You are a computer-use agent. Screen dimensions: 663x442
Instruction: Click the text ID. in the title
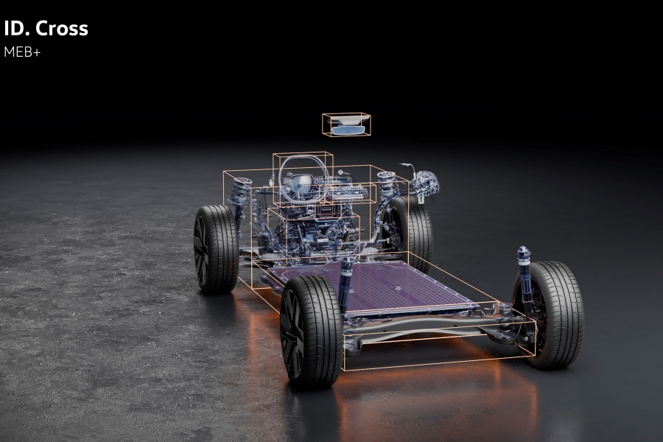(x=16, y=29)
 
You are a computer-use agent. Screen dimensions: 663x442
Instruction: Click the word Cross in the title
(x=62, y=29)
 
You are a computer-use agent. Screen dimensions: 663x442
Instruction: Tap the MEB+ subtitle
(x=22, y=52)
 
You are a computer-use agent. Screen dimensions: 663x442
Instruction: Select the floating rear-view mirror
(x=348, y=125)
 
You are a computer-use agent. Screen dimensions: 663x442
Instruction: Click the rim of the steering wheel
(x=281, y=178)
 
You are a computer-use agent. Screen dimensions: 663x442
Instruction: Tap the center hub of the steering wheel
(x=302, y=183)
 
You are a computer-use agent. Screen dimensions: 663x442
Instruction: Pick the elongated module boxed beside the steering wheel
(x=348, y=192)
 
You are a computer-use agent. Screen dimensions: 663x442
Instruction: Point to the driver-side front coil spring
(x=239, y=193)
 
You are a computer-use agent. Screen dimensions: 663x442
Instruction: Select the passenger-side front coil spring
(x=387, y=184)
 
